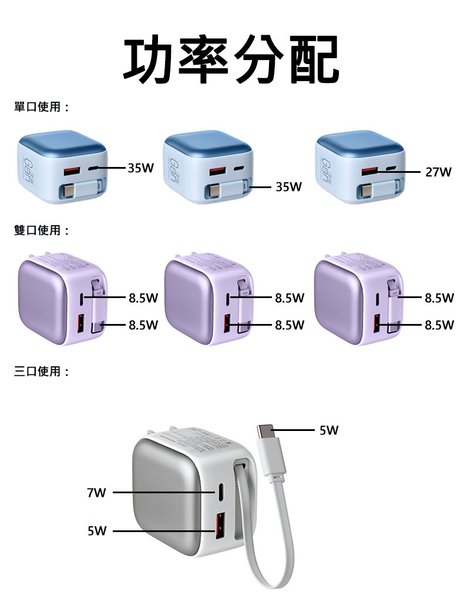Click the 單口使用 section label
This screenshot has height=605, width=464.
point(41,107)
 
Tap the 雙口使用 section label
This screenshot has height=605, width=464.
point(41,230)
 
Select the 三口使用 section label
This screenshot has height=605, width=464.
point(41,372)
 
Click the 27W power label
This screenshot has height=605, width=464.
point(438,172)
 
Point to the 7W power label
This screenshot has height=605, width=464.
point(96,493)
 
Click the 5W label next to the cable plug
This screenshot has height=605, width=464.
point(329,430)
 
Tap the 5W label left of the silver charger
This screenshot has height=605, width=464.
point(96,532)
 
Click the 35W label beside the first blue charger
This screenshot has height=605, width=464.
point(141,168)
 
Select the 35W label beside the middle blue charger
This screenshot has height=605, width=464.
point(288,187)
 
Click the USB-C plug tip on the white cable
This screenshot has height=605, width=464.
point(265,431)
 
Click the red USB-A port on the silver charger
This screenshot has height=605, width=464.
point(220,526)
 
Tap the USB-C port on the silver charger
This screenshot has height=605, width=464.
point(222,492)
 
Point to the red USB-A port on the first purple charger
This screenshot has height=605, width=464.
point(81,323)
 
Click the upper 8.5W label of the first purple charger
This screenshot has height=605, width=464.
point(143,298)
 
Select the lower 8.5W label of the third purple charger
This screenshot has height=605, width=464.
point(439,325)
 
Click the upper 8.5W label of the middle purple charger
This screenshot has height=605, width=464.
point(290,298)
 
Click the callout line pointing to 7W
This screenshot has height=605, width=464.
point(164,493)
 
